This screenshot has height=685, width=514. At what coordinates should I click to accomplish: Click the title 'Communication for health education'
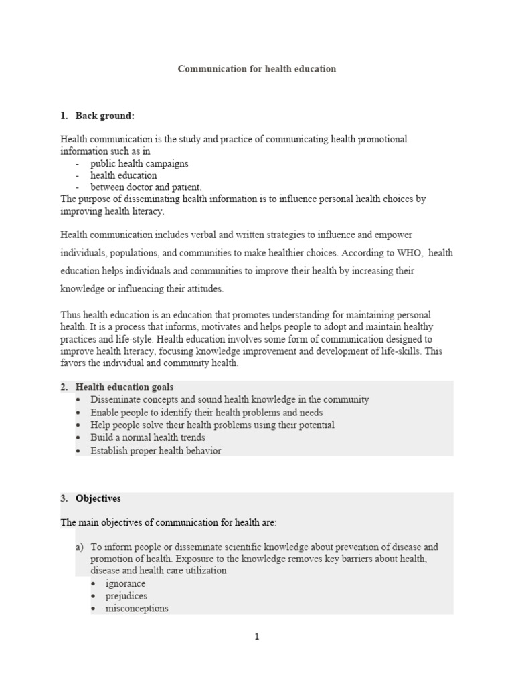point(256,69)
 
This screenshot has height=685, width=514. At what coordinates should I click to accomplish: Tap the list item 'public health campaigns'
point(139,163)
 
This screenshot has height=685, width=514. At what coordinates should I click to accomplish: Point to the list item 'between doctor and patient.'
point(146,187)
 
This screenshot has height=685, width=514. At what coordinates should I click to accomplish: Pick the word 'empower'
point(394,235)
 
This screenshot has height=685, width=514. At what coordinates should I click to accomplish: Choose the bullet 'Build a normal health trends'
point(148,437)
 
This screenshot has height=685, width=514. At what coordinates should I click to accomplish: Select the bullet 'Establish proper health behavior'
point(155,450)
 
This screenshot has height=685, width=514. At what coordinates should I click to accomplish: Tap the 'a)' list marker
point(79,547)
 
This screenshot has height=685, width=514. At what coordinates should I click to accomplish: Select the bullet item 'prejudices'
point(126,596)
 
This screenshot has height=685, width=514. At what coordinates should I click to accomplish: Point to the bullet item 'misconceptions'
point(137,609)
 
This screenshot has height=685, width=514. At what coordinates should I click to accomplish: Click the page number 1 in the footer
point(256,637)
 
